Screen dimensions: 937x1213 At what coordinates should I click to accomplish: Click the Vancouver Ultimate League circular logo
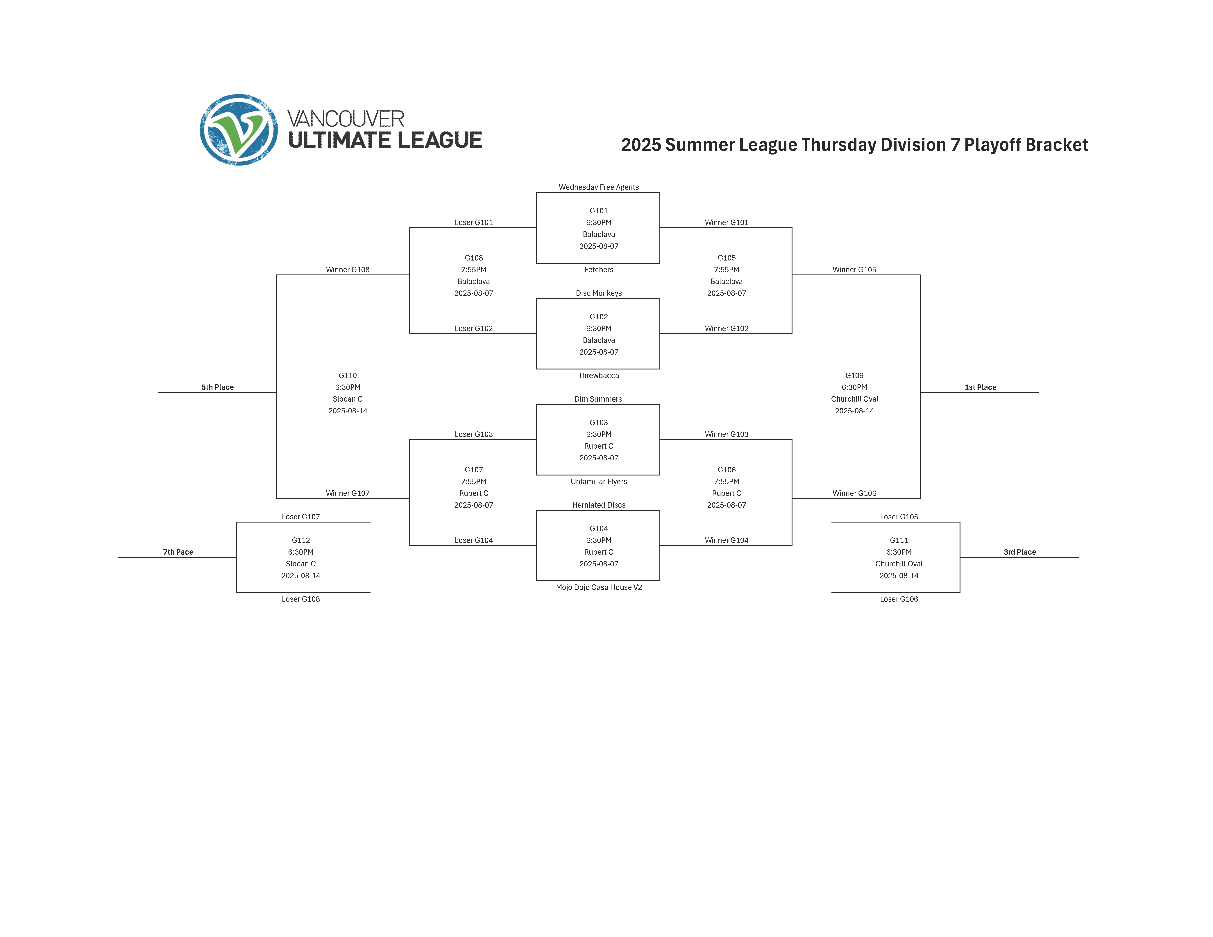[239, 130]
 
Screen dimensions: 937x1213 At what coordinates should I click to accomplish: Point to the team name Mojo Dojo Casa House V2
[599, 587]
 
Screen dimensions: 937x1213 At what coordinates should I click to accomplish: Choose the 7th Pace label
[178, 552]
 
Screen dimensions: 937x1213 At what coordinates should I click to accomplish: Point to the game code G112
[300, 540]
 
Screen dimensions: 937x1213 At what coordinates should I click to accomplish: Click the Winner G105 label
[854, 270]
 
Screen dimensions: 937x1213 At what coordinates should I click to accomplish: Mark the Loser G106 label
[899, 599]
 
